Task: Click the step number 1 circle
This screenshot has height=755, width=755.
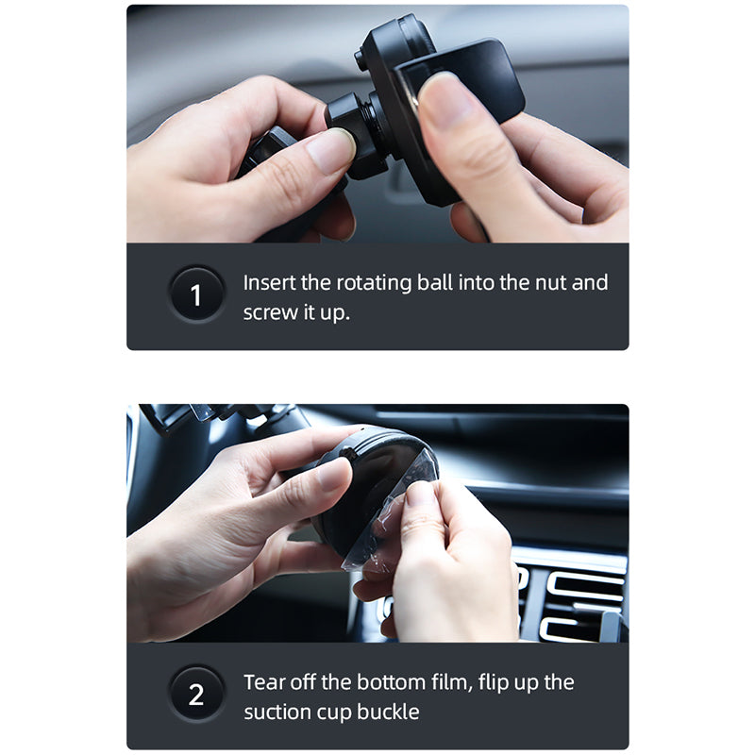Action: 196,296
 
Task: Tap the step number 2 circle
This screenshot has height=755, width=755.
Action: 196,696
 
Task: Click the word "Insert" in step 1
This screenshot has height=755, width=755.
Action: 269,283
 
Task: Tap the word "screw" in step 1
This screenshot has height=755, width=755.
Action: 271,313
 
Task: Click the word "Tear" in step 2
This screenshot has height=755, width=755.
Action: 264,681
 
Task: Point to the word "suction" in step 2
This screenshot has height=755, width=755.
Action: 282,712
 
